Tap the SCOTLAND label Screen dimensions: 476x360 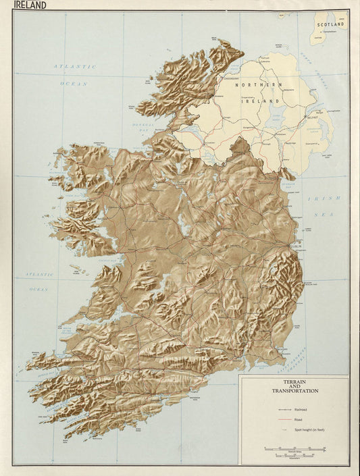click(330, 24)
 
